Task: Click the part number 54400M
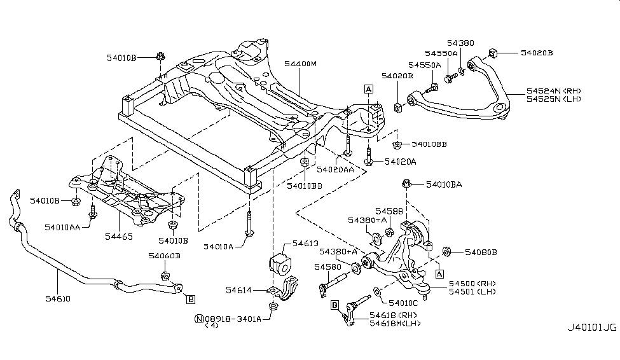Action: click(300, 64)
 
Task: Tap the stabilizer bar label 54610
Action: click(57, 298)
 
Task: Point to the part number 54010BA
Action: click(449, 184)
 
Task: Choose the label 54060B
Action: click(164, 256)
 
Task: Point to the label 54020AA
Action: click(335, 170)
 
